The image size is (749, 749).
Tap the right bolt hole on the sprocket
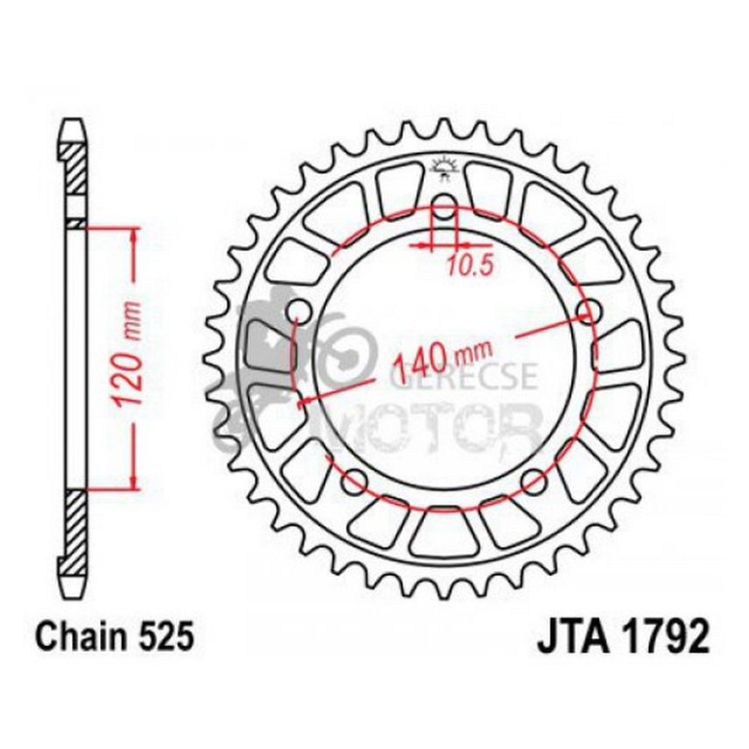(586, 311)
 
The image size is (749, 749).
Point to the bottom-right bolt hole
(531, 479)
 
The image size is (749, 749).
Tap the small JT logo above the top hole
(443, 167)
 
